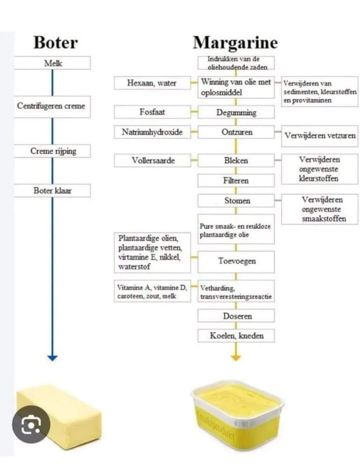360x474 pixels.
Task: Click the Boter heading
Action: pyautogui.click(x=55, y=42)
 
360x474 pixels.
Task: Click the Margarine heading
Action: pyautogui.click(x=235, y=42)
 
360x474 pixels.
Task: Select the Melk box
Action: pyautogui.click(x=52, y=63)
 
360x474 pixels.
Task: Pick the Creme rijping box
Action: pyautogui.click(x=52, y=151)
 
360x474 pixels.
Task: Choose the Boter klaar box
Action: pyautogui.click(x=52, y=191)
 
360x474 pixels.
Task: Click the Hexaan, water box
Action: pyautogui.click(x=152, y=83)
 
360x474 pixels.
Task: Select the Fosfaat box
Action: pyautogui.click(x=152, y=112)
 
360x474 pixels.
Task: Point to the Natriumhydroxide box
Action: pyautogui.click(x=152, y=132)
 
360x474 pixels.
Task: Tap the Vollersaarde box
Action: pyautogui.click(x=152, y=160)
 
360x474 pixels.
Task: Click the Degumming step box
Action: pyautogui.click(x=236, y=112)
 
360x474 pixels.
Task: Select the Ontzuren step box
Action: pyautogui.click(x=236, y=132)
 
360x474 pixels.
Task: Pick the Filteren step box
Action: pyautogui.click(x=236, y=181)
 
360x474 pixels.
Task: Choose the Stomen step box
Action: pyautogui.click(x=236, y=201)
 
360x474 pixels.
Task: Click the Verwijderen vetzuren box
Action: pyautogui.click(x=320, y=135)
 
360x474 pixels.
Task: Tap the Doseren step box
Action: pyautogui.click(x=236, y=316)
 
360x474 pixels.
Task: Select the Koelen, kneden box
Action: pyautogui.click(x=236, y=336)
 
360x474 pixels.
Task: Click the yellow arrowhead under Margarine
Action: pyautogui.click(x=236, y=358)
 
